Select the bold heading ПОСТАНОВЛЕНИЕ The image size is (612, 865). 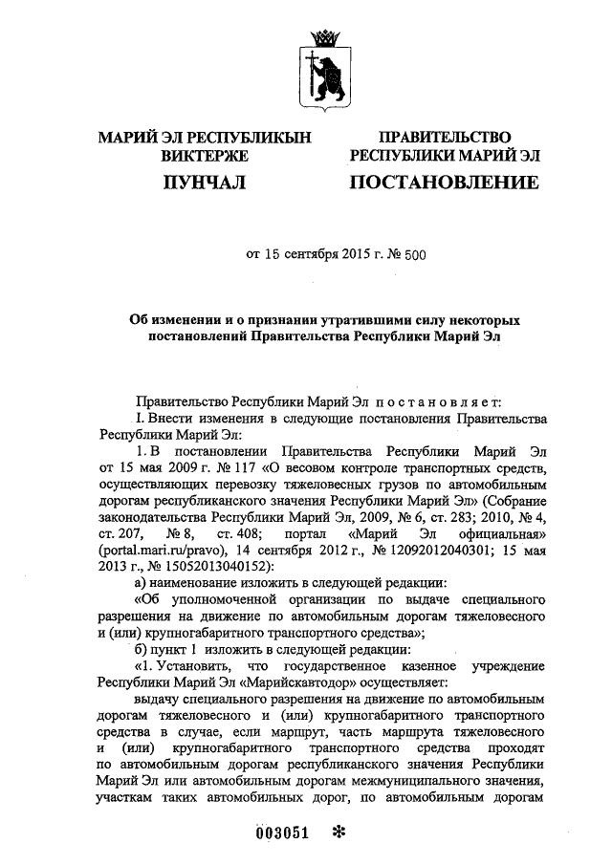pyautogui.click(x=445, y=182)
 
